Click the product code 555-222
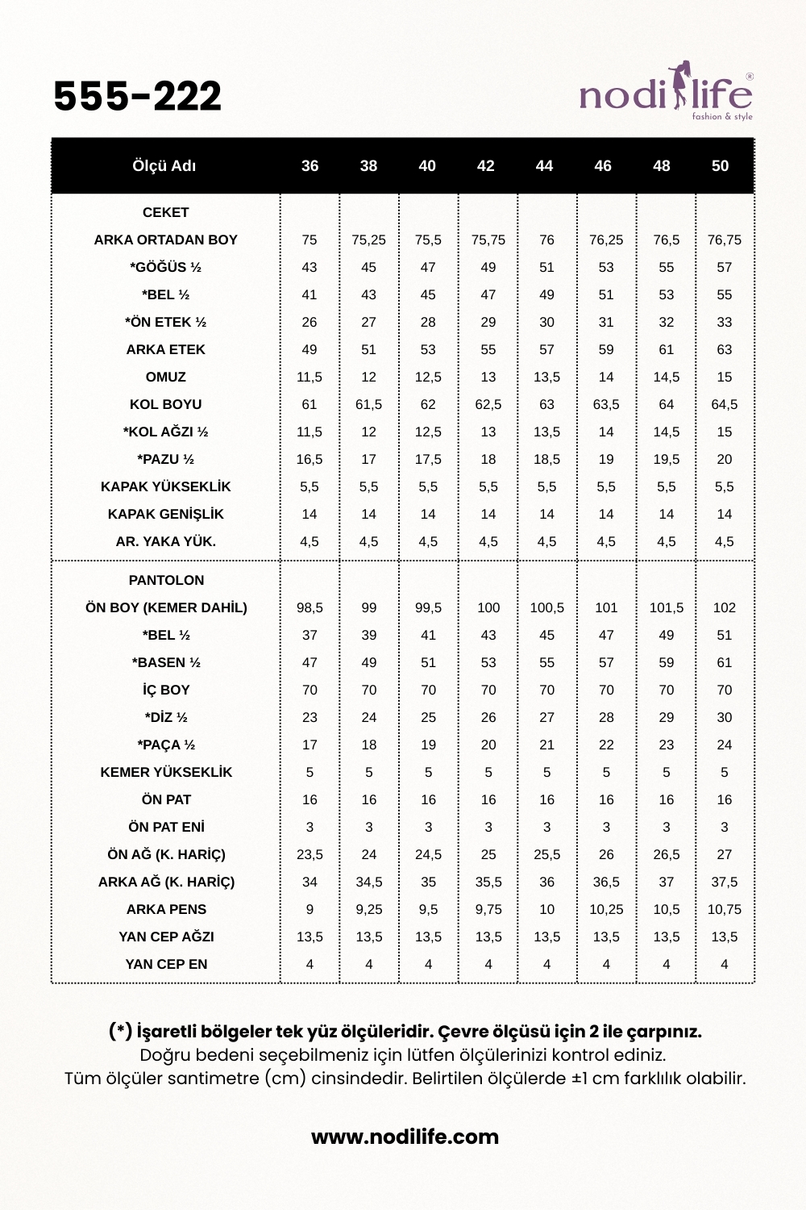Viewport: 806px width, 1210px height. tap(137, 97)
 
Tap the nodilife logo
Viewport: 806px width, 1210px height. tap(666, 94)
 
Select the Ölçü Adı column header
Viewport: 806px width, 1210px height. tap(164, 166)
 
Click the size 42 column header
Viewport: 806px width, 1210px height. tap(485, 166)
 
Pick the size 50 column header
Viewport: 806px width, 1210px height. tap(720, 166)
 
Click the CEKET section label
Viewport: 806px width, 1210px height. tap(165, 213)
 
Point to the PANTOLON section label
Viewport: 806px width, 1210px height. tap(166, 581)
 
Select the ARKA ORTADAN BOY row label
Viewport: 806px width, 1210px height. tap(165, 240)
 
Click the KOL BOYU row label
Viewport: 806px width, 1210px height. tap(165, 405)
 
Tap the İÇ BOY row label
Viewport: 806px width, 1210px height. tap(166, 691)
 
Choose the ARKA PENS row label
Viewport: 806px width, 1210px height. tap(166, 910)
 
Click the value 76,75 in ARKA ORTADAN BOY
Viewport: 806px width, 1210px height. tap(724, 240)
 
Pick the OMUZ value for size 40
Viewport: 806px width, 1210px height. tap(428, 378)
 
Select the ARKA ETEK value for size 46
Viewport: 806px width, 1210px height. tap(606, 350)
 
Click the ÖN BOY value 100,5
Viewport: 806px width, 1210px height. tap(546, 608)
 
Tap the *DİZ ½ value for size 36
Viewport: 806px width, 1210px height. tap(310, 718)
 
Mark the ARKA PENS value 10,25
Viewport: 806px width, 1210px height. tap(606, 910)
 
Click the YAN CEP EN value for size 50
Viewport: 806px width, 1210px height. tap(724, 965)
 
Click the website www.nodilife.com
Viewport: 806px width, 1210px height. tap(405, 1137)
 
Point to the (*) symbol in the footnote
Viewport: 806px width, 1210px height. tap(120, 1032)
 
